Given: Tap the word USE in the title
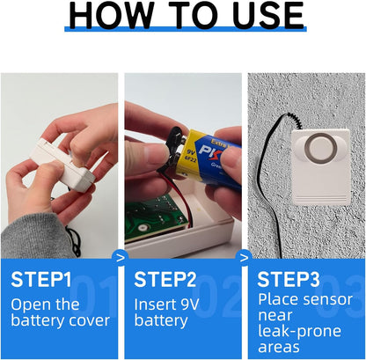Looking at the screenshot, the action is (267, 16).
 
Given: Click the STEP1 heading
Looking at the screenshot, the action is (41, 279).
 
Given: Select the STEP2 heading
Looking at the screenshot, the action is (165, 279).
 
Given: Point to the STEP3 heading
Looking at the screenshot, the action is (289, 279).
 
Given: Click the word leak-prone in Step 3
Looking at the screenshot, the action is (300, 331).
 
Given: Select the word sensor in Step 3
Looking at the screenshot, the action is (328, 300).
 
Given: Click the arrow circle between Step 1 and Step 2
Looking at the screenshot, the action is (121, 258).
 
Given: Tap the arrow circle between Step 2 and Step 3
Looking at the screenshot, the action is (244, 258).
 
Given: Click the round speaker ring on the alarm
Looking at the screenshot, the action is (321, 148).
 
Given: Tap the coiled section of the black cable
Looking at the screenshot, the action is (295, 121).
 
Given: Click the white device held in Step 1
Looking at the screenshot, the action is (63, 165).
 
